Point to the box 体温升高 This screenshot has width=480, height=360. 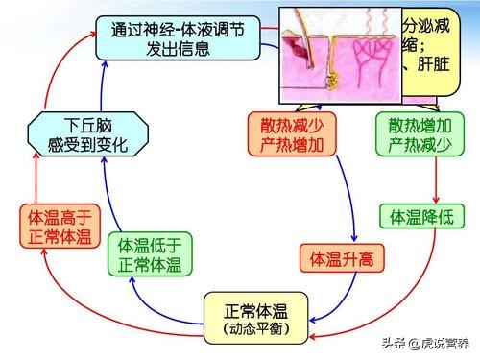[x=337, y=257]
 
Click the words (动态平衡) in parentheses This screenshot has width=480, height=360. [x=258, y=331]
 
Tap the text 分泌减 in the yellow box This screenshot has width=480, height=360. [x=429, y=23]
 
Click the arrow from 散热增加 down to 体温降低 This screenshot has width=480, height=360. [x=437, y=178]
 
